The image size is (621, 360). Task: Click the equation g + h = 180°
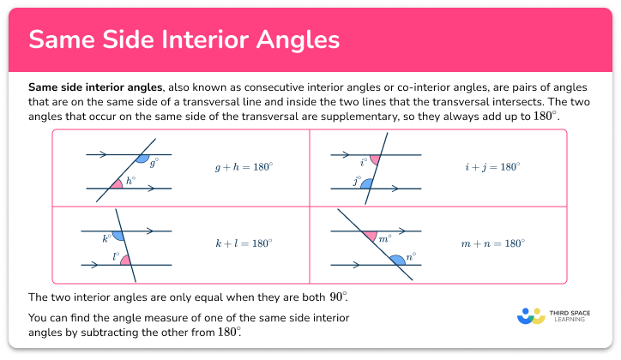point(244,168)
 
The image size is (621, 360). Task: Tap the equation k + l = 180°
point(244,243)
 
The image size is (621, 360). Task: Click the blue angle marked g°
point(142,159)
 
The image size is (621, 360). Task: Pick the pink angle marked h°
point(118,183)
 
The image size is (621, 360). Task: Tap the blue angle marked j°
point(366,183)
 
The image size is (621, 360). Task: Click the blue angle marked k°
point(118,235)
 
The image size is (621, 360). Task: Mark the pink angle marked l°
point(125,259)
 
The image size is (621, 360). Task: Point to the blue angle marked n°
point(398,259)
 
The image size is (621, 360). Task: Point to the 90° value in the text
point(338,297)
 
